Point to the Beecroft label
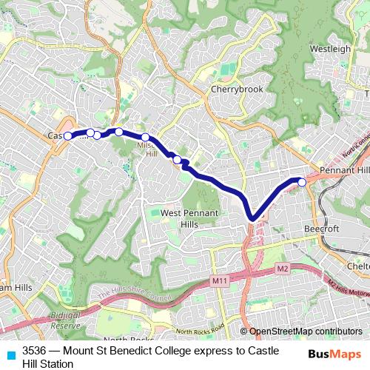coord(322,229)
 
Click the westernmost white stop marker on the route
coord(68,136)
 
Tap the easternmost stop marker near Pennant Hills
coord(302,181)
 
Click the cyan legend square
coord(10,356)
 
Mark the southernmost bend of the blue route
coord(252,218)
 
